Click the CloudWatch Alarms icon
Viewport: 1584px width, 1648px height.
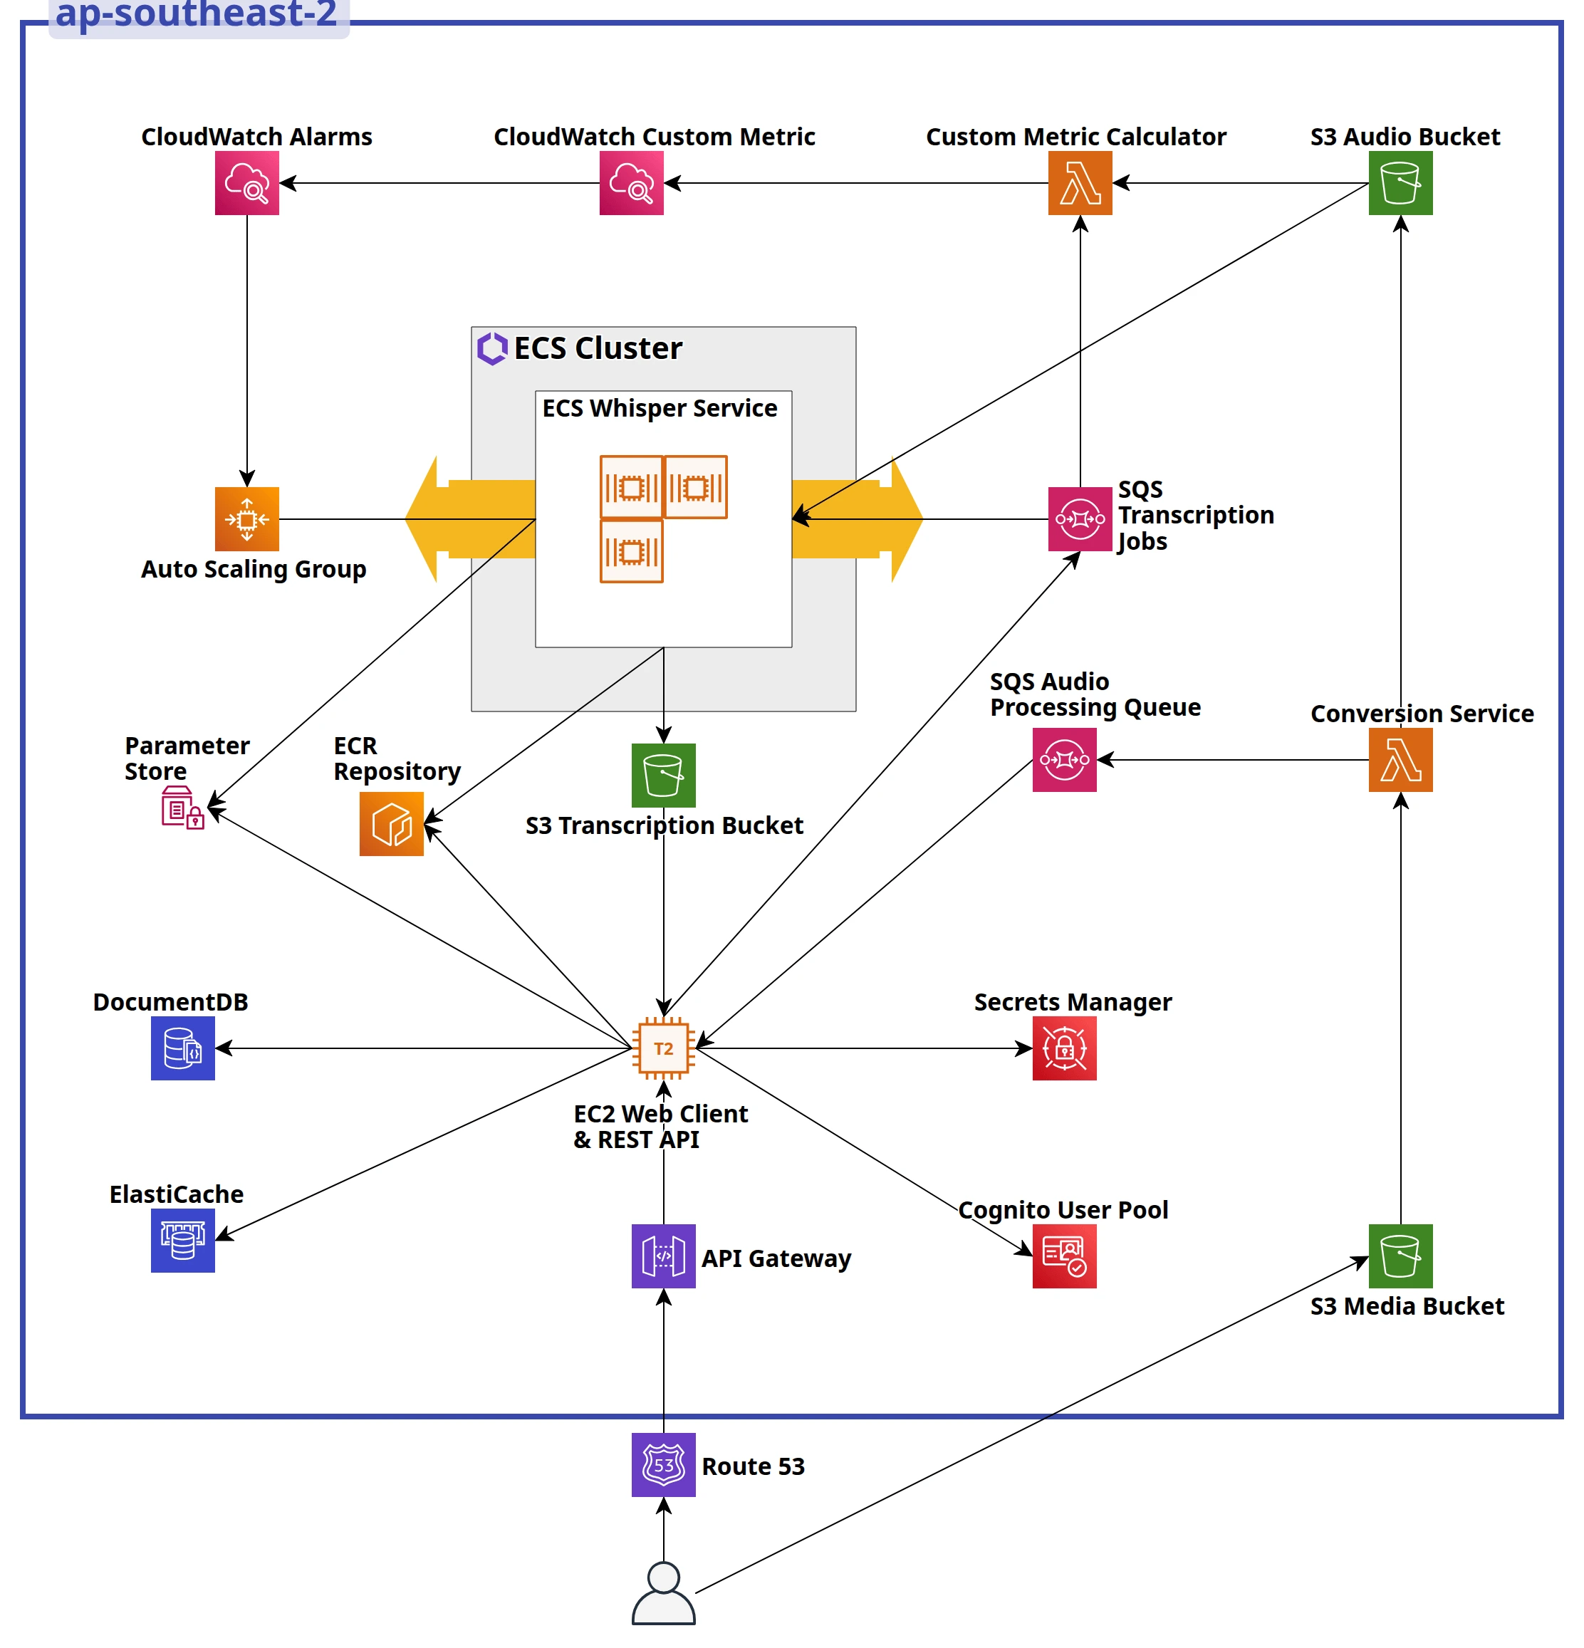click(x=246, y=182)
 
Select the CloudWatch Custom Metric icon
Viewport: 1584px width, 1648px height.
click(x=630, y=182)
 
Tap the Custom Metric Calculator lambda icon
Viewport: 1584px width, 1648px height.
click(x=1080, y=182)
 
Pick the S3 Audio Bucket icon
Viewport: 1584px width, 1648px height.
click(x=1400, y=182)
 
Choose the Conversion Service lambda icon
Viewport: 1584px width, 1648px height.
click(x=1400, y=759)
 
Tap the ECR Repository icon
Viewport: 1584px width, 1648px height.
click(x=391, y=823)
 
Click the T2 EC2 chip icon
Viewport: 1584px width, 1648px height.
click(x=663, y=1048)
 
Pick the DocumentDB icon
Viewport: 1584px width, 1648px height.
click(x=182, y=1048)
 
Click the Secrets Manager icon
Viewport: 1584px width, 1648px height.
click(x=1063, y=1048)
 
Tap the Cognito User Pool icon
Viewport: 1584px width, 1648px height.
click(x=1063, y=1256)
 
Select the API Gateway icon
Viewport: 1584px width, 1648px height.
click(x=663, y=1256)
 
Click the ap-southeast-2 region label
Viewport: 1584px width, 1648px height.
click(x=196, y=14)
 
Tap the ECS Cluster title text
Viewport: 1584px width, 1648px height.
click(x=597, y=348)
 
